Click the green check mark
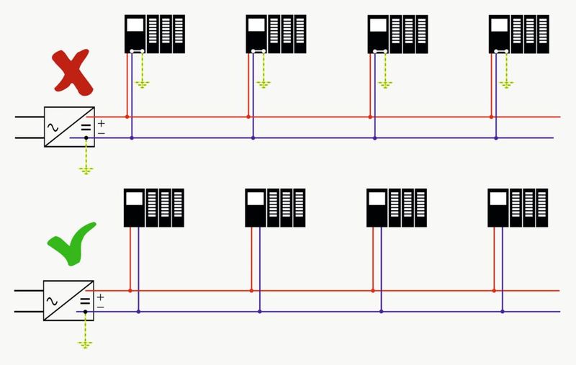[71, 243]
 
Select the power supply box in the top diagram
[69, 127]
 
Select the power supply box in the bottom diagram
[68, 300]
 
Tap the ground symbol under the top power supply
[86, 170]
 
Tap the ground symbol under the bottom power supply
[86, 343]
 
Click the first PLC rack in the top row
[154, 34]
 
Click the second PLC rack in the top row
[276, 34]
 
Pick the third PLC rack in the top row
[397, 34]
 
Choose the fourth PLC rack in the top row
[518, 34]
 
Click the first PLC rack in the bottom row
[153, 208]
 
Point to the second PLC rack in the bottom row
[275, 208]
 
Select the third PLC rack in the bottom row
[397, 208]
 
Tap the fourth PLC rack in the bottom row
[518, 208]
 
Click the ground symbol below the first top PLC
[143, 84]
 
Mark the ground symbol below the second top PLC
[264, 84]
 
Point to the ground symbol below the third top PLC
[386, 84]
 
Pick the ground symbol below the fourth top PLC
[507, 84]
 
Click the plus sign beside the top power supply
[101, 123]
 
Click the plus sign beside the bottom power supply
[100, 297]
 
